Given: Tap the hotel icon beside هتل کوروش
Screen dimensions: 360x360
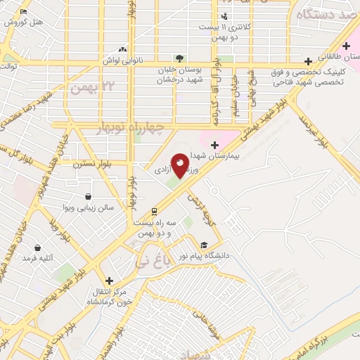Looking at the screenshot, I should coord(24,12).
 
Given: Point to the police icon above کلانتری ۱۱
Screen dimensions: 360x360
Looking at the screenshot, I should coord(224,17).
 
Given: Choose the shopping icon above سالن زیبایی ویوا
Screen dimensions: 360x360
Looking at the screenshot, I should coord(88,197).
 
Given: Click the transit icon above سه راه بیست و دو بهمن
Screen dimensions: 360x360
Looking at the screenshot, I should coord(154,211).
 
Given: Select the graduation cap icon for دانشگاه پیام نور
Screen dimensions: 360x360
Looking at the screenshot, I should coord(204,245).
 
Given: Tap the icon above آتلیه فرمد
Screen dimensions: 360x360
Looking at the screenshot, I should coord(47,248).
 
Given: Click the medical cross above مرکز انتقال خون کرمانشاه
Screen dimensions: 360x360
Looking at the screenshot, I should coord(108,280).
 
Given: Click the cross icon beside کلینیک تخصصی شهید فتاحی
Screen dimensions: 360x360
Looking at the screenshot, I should coord(309,61).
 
